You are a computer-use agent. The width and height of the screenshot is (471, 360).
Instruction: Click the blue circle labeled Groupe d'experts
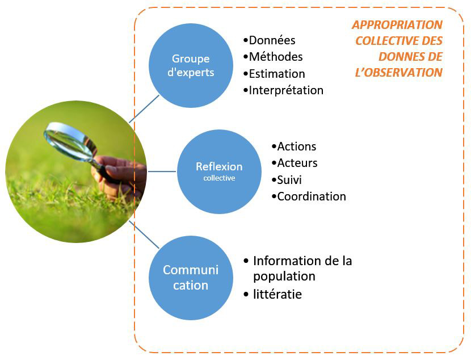(191, 65)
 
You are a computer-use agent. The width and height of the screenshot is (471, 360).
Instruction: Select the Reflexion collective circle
(219, 171)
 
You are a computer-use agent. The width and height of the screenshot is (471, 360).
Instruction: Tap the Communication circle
(191, 278)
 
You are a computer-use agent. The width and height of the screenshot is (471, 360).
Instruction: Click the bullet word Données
(272, 40)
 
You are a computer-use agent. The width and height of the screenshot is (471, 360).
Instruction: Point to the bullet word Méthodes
(276, 57)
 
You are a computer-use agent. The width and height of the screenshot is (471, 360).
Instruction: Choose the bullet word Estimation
(277, 74)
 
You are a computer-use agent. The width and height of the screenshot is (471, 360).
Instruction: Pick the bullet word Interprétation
(286, 90)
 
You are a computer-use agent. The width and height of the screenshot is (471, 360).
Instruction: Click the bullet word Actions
(296, 146)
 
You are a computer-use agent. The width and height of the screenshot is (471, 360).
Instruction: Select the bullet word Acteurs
(297, 163)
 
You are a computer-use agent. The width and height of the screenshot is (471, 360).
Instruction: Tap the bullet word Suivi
(289, 180)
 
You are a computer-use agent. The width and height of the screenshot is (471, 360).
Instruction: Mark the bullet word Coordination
(312, 196)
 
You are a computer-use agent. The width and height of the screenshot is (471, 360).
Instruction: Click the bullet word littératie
(277, 294)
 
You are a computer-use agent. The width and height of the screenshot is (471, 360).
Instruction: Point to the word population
(284, 277)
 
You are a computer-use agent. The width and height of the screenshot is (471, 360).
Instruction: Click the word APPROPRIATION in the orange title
(397, 25)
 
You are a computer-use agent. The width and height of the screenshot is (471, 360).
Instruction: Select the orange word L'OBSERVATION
(398, 73)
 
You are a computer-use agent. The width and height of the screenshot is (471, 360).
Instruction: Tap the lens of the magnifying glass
(69, 141)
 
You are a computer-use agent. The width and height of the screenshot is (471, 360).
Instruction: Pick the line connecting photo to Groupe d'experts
(144, 109)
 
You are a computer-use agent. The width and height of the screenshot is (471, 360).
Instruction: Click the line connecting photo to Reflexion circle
(162, 171)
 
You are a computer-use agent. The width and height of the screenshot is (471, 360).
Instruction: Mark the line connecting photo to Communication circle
(144, 235)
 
